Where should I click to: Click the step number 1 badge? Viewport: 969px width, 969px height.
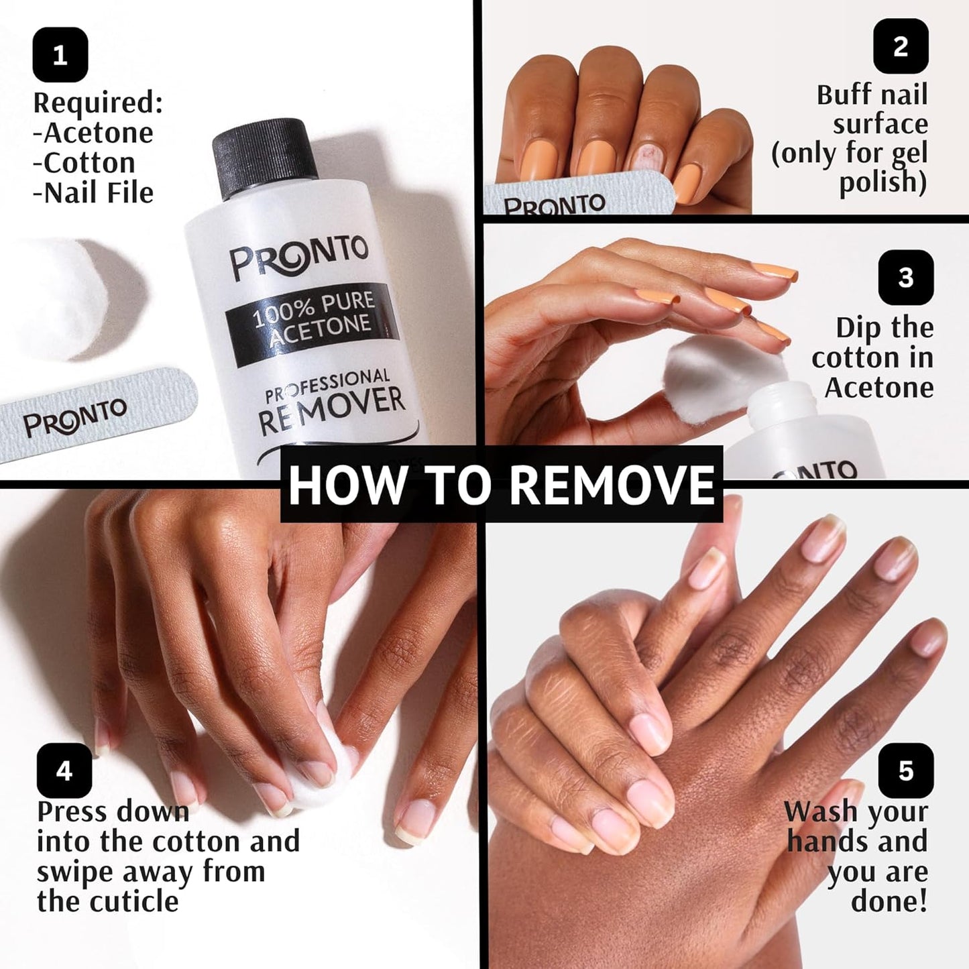point(60,55)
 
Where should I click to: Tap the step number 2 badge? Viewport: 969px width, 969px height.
point(901,46)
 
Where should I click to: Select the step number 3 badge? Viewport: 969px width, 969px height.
point(905,278)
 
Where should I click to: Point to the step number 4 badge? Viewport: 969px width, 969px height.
point(64,771)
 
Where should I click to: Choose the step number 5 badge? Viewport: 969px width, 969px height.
point(905,771)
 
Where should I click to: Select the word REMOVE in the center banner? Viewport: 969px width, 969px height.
point(612,484)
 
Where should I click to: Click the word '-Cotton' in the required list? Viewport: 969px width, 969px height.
point(84,163)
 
